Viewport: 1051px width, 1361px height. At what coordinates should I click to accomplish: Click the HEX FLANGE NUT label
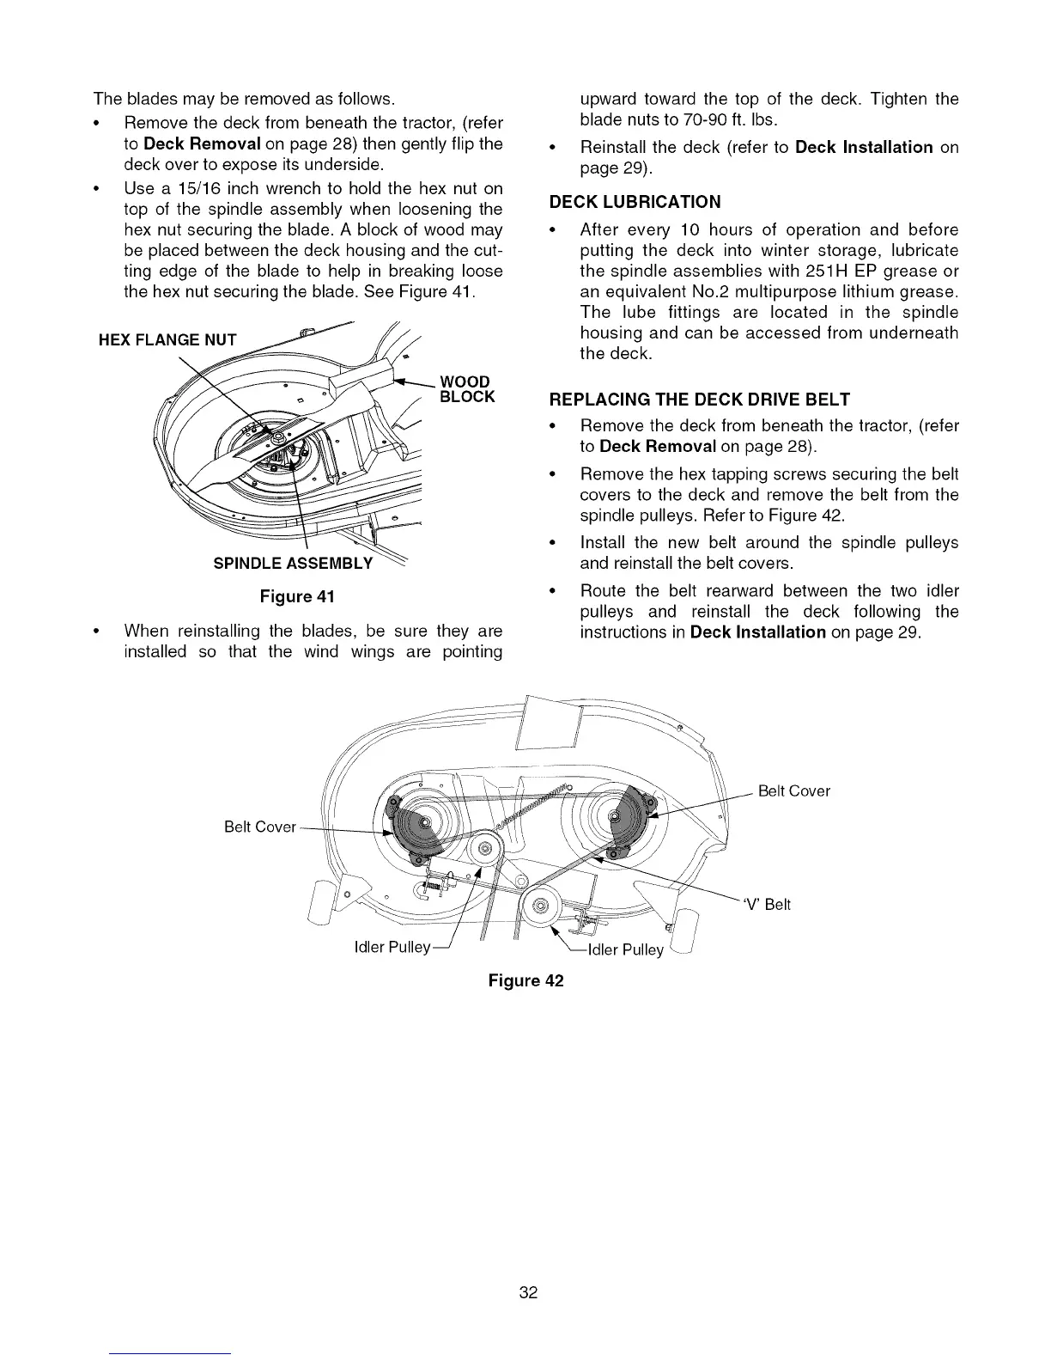pos(167,340)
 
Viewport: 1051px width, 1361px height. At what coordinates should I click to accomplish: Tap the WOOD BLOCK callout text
pos(466,388)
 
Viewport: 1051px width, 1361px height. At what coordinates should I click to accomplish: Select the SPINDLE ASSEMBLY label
pos(293,564)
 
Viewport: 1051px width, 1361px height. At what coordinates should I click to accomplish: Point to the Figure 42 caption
pos(525,980)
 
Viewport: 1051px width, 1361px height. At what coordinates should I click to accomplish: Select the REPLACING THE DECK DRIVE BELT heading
pos(699,400)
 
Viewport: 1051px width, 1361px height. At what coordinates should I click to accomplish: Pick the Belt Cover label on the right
pos(793,791)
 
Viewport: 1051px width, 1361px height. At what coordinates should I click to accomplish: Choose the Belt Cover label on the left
pos(259,827)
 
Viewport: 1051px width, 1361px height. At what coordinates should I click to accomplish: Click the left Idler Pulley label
pos(392,948)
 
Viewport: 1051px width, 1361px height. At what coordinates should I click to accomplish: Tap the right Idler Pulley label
pos(625,949)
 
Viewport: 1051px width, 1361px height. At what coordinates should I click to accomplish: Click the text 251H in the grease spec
pos(824,271)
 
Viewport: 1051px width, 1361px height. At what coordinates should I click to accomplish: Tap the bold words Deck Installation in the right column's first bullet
pos(864,147)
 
